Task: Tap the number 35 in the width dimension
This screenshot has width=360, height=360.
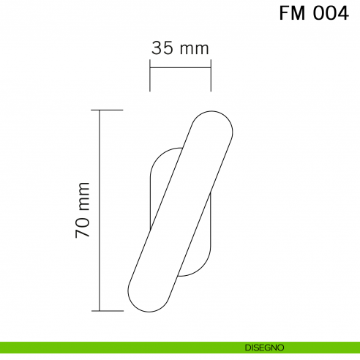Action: tap(162, 48)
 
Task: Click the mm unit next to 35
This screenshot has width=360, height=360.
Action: tap(195, 49)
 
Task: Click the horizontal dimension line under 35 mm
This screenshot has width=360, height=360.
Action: tap(180, 69)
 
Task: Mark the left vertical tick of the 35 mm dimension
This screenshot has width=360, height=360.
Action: tap(150, 76)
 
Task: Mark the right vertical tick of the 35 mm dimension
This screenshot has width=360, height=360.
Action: tap(211, 76)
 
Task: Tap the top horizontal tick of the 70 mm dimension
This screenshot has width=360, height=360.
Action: tap(110, 110)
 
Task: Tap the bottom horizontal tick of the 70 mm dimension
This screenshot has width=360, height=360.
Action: tap(110, 311)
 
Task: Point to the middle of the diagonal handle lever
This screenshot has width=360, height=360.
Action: tap(181, 211)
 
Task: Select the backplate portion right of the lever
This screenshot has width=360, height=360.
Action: tap(203, 241)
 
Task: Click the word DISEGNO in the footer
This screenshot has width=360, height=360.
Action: tap(266, 347)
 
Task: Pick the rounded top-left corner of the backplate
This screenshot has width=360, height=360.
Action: tap(156, 158)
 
